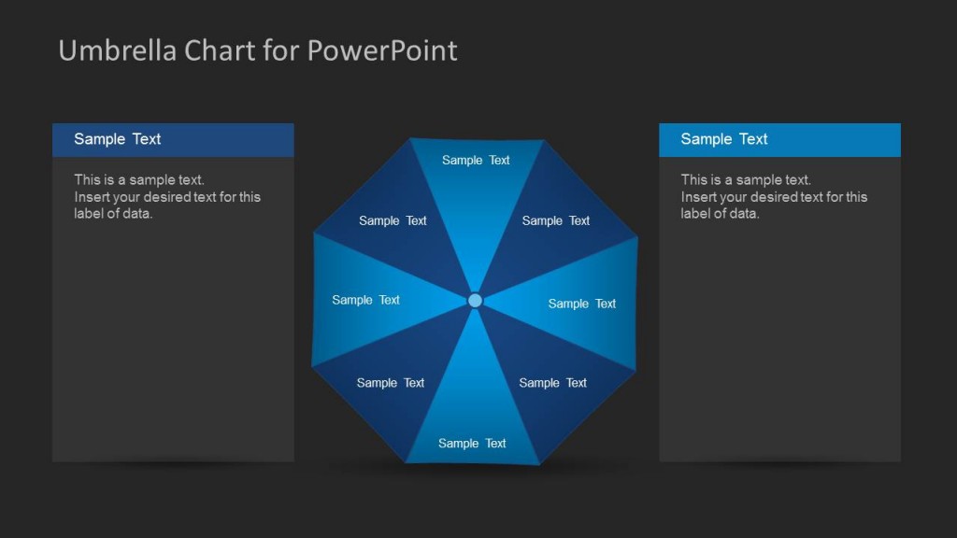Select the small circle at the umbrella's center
(x=475, y=300)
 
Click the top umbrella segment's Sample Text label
(x=476, y=161)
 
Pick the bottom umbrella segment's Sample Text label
(x=472, y=444)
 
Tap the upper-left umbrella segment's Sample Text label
(x=393, y=221)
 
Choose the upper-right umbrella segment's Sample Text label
(x=556, y=221)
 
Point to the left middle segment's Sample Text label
(x=365, y=300)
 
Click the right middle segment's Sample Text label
(x=582, y=304)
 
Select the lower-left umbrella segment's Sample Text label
(x=391, y=383)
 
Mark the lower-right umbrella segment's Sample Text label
(x=553, y=383)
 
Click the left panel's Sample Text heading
(x=118, y=139)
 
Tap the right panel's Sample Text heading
(x=724, y=139)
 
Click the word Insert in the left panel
(x=91, y=197)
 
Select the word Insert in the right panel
(x=697, y=197)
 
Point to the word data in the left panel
(x=137, y=214)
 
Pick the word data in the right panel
(x=744, y=214)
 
